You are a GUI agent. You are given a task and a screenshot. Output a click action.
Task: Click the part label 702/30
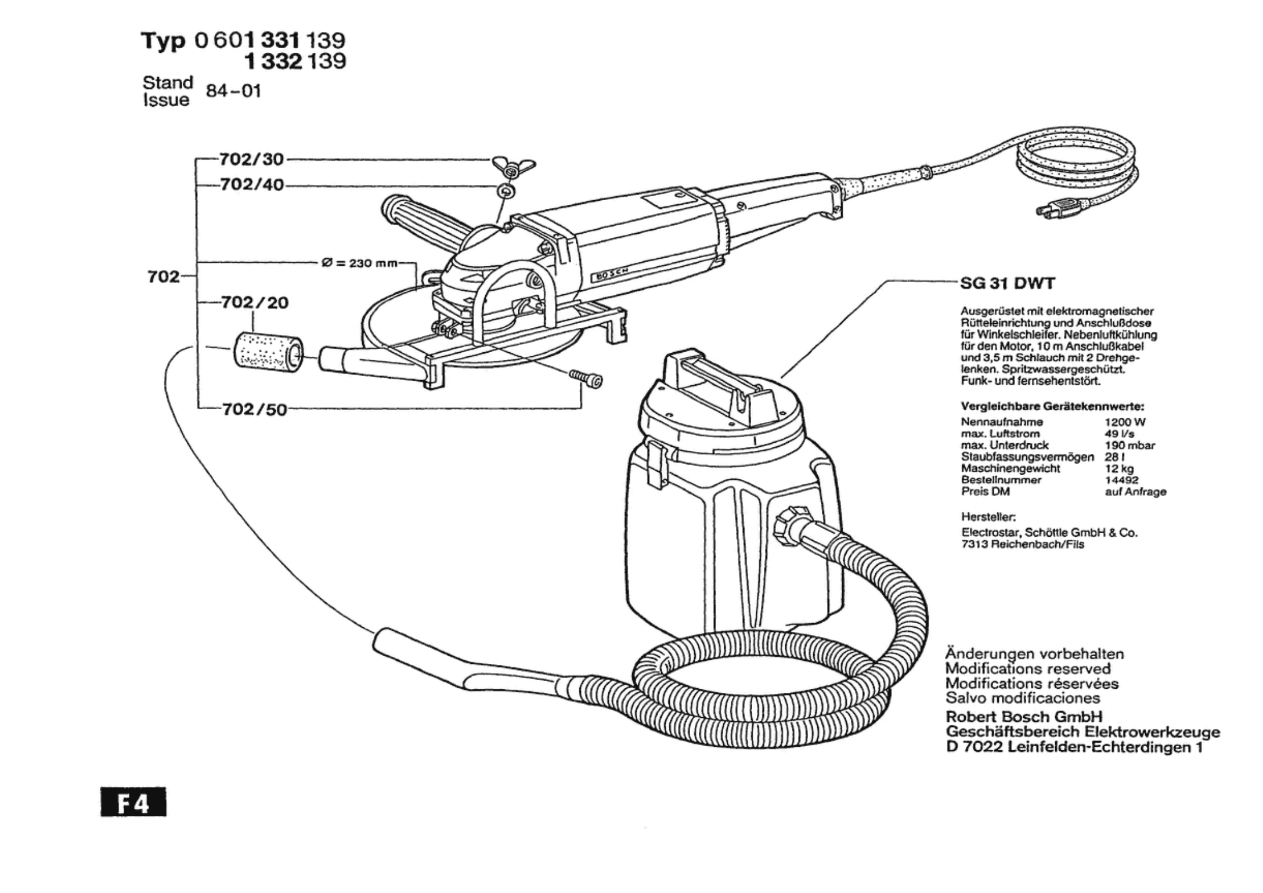tap(251, 159)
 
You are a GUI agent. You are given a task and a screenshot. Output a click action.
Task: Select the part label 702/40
tap(251, 185)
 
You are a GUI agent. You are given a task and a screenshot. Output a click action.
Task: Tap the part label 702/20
tap(254, 303)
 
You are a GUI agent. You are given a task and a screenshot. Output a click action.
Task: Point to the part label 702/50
tap(254, 410)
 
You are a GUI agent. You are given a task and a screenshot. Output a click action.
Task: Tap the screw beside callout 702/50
tap(587, 378)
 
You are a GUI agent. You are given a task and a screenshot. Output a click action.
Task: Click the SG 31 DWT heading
tap(1007, 284)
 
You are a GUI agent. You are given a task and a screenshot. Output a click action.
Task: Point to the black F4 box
tap(133, 802)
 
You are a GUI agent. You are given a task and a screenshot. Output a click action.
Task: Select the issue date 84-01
tap(233, 91)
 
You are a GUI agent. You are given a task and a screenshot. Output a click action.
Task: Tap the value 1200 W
tap(1125, 422)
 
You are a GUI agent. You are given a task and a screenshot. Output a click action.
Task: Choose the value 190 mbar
tap(1130, 446)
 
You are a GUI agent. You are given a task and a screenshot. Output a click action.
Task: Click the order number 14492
tap(1121, 480)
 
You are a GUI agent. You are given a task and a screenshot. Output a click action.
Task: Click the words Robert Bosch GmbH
tap(1024, 717)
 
